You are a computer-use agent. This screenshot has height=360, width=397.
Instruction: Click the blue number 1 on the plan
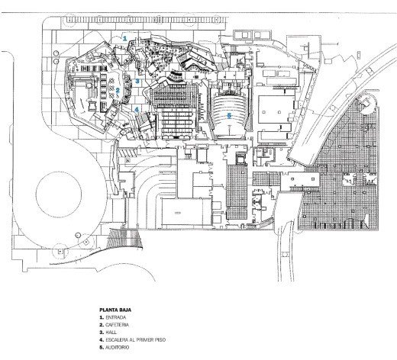(124, 39)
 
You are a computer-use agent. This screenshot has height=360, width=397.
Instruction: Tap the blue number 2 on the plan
(118, 90)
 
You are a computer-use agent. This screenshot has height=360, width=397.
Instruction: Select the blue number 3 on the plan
(137, 81)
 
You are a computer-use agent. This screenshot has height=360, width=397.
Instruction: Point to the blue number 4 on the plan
(137, 110)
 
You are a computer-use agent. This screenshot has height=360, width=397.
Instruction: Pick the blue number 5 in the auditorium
(229, 116)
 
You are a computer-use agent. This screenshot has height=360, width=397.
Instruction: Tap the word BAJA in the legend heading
(125, 310)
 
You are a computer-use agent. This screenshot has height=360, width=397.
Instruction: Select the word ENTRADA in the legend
(116, 317)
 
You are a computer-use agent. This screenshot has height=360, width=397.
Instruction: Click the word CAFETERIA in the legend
(117, 325)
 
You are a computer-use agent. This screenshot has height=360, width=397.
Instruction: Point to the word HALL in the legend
(111, 333)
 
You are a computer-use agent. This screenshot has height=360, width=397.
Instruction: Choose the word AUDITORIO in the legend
(118, 347)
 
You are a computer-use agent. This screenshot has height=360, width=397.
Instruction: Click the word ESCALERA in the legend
(115, 339)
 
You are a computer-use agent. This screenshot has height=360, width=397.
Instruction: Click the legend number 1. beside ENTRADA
(102, 317)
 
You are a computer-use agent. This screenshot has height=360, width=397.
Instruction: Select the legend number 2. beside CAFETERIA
(102, 325)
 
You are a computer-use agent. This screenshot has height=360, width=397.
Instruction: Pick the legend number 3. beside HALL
(102, 333)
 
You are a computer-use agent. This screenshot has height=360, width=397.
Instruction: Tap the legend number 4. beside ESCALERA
(102, 339)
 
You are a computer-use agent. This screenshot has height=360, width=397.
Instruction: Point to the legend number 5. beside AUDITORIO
(102, 347)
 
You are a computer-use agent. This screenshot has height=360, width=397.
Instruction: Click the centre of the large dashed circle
(59, 194)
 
